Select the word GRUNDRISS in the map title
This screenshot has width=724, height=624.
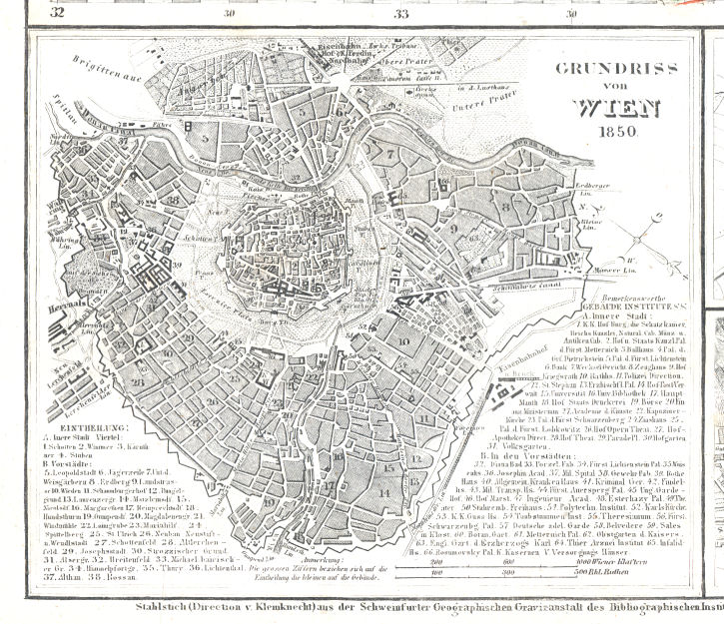(602, 70)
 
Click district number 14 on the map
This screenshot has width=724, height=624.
(383, 493)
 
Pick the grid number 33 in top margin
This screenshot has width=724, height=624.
(401, 13)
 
